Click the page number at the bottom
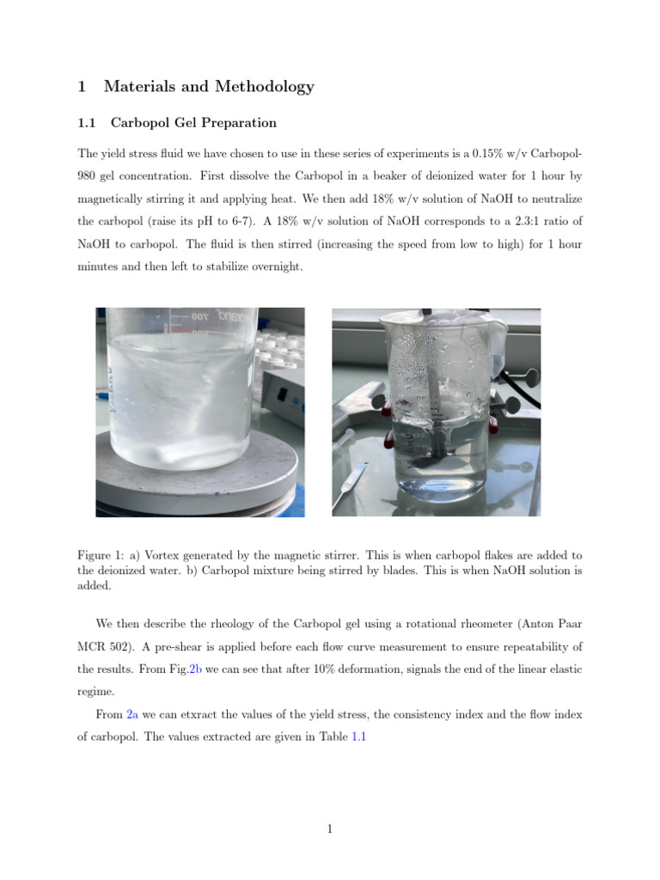(330, 828)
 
